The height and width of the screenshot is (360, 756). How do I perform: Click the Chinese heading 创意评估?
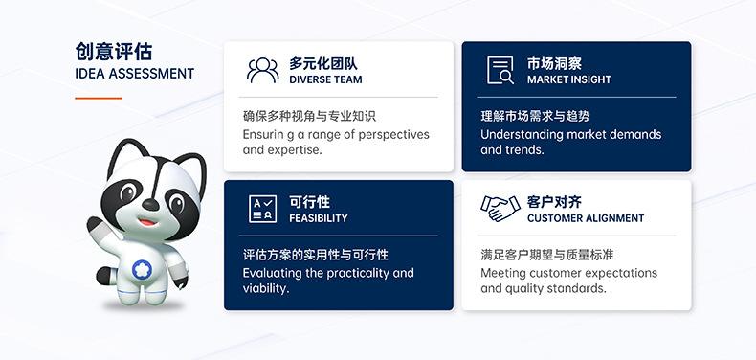click(x=113, y=51)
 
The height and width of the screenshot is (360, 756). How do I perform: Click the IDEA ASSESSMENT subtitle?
click(x=133, y=74)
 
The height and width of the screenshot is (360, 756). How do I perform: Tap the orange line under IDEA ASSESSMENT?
click(x=99, y=98)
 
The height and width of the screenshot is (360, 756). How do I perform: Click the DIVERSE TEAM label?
click(x=325, y=80)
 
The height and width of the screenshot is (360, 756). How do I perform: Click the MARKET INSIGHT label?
click(x=568, y=80)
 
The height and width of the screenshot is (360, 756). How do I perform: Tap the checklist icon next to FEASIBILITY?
click(x=263, y=209)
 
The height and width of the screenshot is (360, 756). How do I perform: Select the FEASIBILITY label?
click(x=319, y=218)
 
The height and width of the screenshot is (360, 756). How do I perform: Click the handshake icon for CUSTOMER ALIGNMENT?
click(x=500, y=209)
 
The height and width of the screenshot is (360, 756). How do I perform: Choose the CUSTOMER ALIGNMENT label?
click(x=586, y=218)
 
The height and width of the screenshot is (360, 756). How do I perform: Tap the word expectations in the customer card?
click(x=617, y=273)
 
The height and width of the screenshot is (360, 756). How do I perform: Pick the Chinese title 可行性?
click(x=309, y=201)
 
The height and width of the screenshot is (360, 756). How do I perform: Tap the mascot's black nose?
click(x=150, y=205)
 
